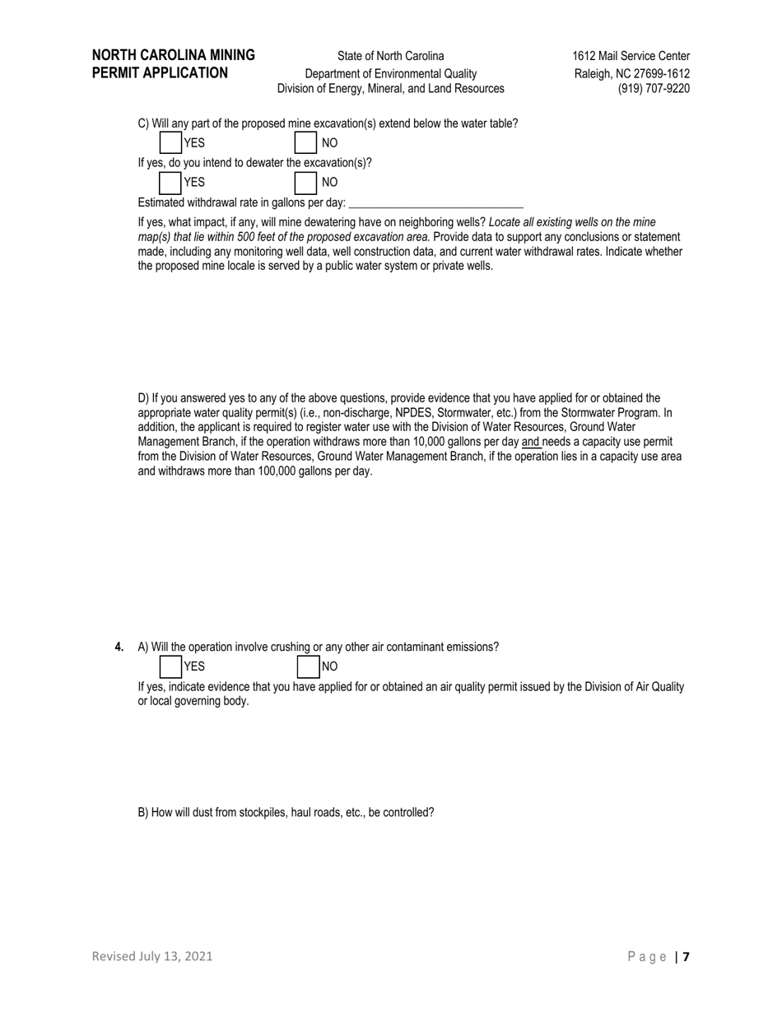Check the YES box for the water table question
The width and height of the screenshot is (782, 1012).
pos(170,142)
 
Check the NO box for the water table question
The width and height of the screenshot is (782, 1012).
pos(305,142)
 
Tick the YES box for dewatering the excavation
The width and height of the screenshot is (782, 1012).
pos(170,182)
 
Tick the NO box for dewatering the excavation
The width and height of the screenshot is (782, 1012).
pos(305,182)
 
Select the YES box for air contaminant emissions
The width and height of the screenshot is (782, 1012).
pos(170,666)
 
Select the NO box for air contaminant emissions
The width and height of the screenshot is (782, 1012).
pos(308,666)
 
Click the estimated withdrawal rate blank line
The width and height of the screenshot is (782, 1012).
pos(436,202)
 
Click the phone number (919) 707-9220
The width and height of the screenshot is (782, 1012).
pos(654,88)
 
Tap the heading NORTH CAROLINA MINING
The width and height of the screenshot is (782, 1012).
pos(174,55)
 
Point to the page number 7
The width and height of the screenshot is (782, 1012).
pos(686,956)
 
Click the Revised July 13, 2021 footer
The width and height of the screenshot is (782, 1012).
pos(152,956)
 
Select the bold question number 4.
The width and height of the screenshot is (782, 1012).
pos(119,647)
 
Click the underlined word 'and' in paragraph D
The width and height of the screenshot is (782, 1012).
pos(531,442)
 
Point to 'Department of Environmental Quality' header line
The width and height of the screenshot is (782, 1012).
pos(390,73)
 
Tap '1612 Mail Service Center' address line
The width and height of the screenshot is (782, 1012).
pos(631,56)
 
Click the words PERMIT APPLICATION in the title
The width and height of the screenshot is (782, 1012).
pos(160,72)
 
